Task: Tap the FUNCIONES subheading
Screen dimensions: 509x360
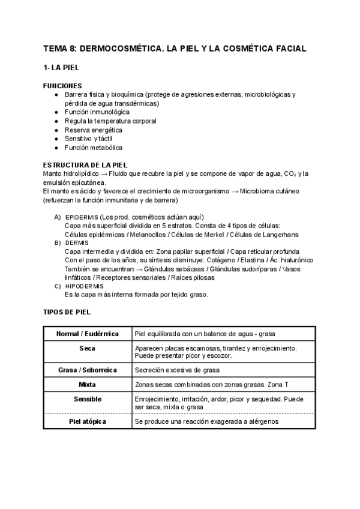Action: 63,86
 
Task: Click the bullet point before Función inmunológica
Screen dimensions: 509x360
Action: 56,112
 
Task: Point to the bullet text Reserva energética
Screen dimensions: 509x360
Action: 94,130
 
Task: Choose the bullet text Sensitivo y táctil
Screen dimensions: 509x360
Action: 88,139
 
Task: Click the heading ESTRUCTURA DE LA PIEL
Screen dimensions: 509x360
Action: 85,165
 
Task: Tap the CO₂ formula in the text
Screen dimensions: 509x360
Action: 284,174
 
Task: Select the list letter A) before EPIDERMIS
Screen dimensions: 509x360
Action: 58,217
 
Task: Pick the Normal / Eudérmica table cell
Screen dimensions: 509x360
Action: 88,334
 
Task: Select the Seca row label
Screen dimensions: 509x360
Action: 88,348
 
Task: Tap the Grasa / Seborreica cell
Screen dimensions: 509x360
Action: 88,370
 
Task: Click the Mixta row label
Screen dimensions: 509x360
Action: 88,384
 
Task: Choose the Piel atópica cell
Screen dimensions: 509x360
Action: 88,422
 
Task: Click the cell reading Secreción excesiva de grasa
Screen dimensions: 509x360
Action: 178,370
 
